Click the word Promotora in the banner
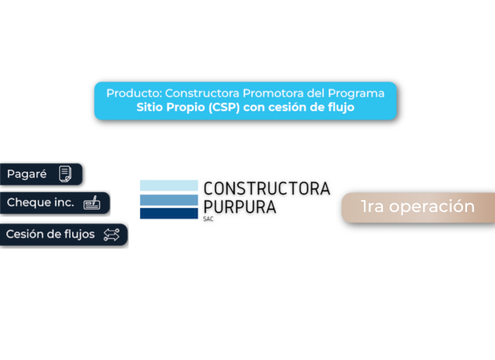coord(276,93)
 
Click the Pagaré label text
coord(26,174)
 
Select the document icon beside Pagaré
coord(66,174)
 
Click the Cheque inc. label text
coord(40,202)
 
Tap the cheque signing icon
coord(92,202)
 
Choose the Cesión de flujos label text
coord(50,234)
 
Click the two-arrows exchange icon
coord(111,234)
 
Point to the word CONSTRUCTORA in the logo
coord(266,189)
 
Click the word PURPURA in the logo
coord(239,206)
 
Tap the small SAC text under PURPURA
coord(209,218)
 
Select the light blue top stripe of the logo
coord(168,186)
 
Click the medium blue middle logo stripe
coord(168,200)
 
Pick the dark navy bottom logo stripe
coord(168,213)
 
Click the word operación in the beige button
coord(433,206)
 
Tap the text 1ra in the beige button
coord(373,206)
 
